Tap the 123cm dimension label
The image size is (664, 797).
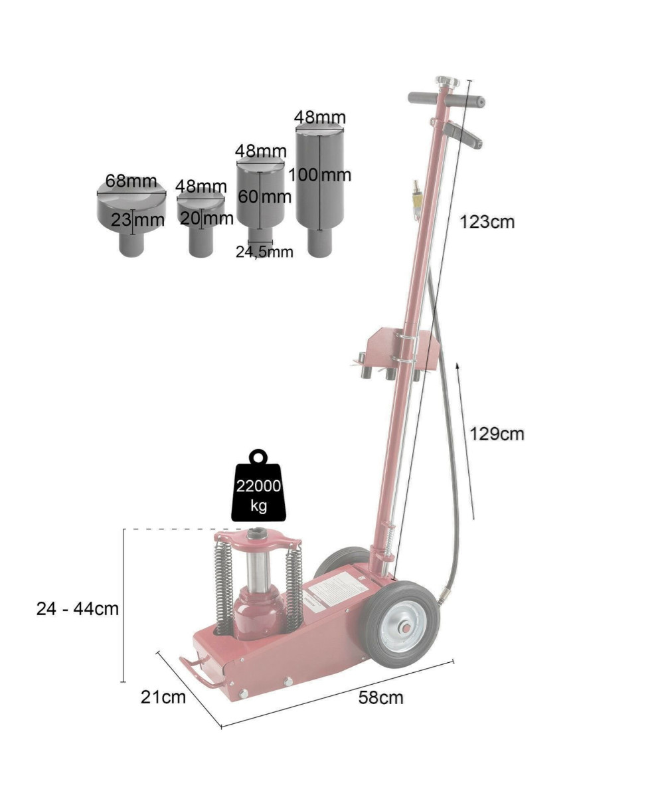point(487,222)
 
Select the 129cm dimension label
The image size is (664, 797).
point(497,434)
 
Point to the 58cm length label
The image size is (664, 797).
point(380,698)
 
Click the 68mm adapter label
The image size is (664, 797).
point(131,181)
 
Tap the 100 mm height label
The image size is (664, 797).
point(320,175)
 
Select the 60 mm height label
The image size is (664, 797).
point(264,197)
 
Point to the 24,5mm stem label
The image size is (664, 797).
point(264,252)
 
